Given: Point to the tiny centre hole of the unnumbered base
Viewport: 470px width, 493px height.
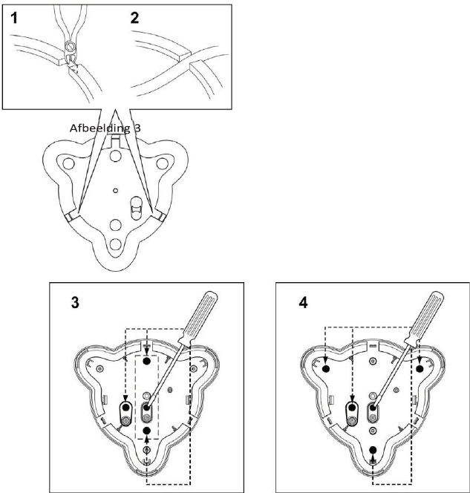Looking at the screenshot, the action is click(116, 191).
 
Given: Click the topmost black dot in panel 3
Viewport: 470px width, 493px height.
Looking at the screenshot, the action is click(147, 360).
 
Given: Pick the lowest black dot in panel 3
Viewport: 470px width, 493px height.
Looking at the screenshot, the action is click(147, 431).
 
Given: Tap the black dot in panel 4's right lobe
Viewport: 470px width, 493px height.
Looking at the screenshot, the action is click(420, 368).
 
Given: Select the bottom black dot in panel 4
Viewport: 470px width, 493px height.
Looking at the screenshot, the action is click(373, 450).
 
